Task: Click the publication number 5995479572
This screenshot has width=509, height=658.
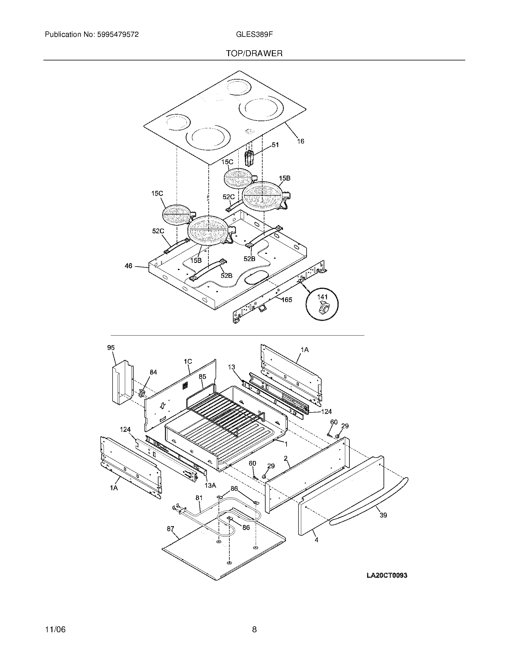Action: coord(118,35)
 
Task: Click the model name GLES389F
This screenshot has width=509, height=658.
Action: coord(254,35)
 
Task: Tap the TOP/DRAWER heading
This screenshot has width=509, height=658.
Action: coord(254,54)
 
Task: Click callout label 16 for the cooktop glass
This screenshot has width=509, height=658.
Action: coord(300,141)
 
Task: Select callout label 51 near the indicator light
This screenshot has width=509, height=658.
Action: coord(275,145)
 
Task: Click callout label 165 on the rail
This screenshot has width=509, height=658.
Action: coord(287,299)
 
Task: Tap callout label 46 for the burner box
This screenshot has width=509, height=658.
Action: coord(128,266)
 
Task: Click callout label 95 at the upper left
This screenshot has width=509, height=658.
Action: coord(111,348)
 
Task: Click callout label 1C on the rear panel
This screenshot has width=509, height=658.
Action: coord(188,361)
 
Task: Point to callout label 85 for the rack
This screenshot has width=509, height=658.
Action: coord(202,377)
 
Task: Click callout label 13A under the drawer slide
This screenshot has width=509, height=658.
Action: coord(210,485)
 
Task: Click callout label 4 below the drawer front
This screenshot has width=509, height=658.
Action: coord(316,540)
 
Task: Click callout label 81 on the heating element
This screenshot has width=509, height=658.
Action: coord(199,498)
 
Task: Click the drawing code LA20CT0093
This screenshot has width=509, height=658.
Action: coord(387,575)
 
